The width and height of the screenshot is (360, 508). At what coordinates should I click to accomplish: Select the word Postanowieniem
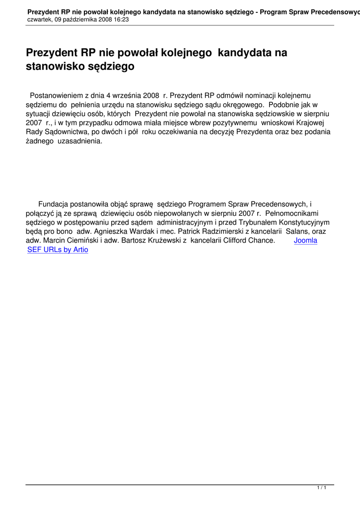coord(57,95)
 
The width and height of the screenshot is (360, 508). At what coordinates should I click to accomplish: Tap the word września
coord(127,95)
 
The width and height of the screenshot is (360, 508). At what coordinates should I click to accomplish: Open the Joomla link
coord(305,241)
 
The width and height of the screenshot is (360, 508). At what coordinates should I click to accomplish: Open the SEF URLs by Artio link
coord(58,250)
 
